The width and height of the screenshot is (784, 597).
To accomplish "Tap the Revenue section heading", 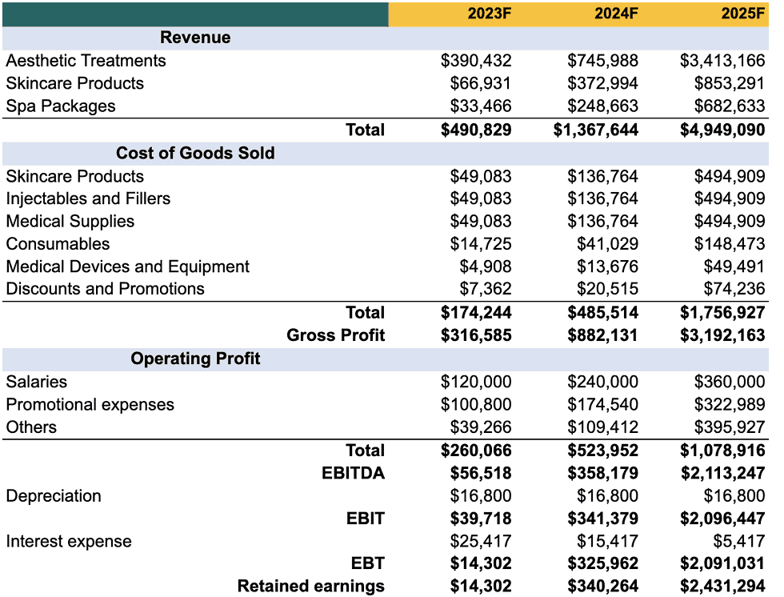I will (195, 38).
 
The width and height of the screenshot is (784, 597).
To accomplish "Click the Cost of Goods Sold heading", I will (195, 153).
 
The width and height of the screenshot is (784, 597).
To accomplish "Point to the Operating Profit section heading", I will (195, 359).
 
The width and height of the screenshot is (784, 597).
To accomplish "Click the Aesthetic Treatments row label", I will (86, 61).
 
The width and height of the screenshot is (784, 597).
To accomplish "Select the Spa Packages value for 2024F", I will (602, 106).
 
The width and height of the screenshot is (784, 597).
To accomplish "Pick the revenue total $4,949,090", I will (722, 130).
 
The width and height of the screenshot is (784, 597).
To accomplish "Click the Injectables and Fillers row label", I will (88, 198).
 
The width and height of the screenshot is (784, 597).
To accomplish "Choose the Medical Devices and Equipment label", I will (128, 266).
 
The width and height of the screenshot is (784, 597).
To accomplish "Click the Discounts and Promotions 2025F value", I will (730, 289).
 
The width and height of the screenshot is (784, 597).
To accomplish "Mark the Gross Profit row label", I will (336, 335).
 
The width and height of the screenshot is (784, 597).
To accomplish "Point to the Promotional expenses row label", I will (90, 404).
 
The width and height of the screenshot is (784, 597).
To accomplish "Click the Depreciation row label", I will (54, 495).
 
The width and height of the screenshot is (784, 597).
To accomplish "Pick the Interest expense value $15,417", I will (607, 541).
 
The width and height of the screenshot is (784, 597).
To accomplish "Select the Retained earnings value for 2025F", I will (722, 587).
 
